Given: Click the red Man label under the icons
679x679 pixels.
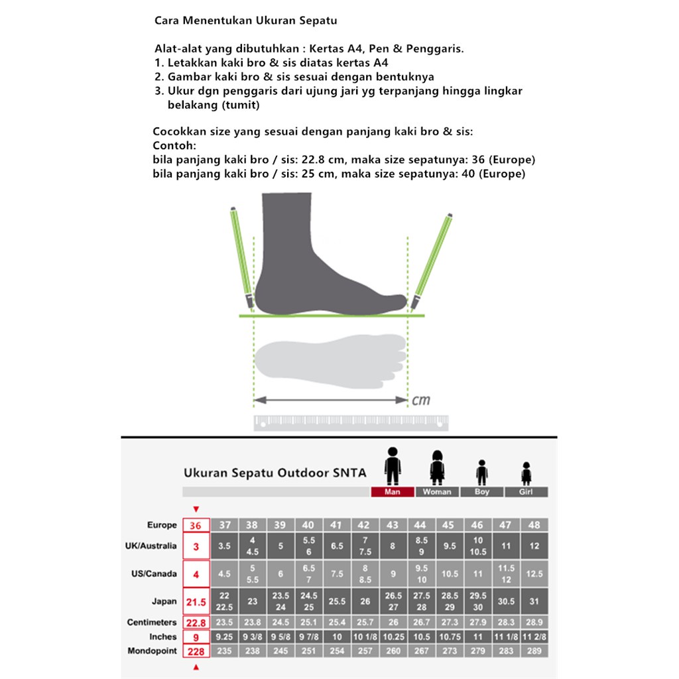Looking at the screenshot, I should click(x=392, y=492).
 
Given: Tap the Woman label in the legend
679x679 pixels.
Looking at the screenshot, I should click(x=437, y=492).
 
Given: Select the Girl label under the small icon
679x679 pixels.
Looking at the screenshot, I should click(x=526, y=492).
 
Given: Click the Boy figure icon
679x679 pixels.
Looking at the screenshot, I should click(x=482, y=472).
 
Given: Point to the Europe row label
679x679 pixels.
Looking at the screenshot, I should click(x=162, y=525).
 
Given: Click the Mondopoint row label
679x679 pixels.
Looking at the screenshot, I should click(x=153, y=651).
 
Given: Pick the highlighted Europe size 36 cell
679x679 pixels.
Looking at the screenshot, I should click(x=196, y=525).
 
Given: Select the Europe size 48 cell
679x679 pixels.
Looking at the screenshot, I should click(x=534, y=525).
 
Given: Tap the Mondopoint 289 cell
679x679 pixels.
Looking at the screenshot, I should click(x=534, y=651).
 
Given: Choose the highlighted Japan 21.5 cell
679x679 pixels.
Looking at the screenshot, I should click(x=196, y=601).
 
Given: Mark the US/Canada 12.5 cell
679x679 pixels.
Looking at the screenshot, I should click(x=534, y=574).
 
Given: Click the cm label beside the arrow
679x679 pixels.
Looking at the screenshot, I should click(x=421, y=401).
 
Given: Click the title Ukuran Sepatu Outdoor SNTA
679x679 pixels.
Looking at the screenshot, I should click(x=275, y=473).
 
